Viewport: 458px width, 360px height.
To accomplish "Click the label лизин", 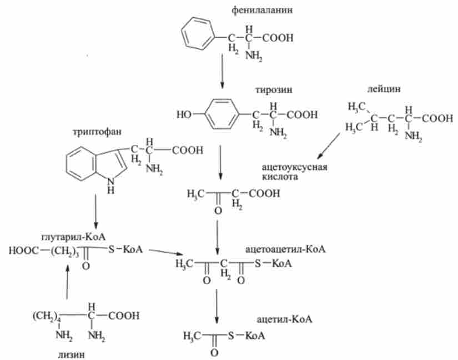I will [72, 352].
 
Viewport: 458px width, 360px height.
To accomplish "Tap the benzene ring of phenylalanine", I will [198, 34].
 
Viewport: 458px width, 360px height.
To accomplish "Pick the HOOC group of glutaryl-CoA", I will [23, 250].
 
